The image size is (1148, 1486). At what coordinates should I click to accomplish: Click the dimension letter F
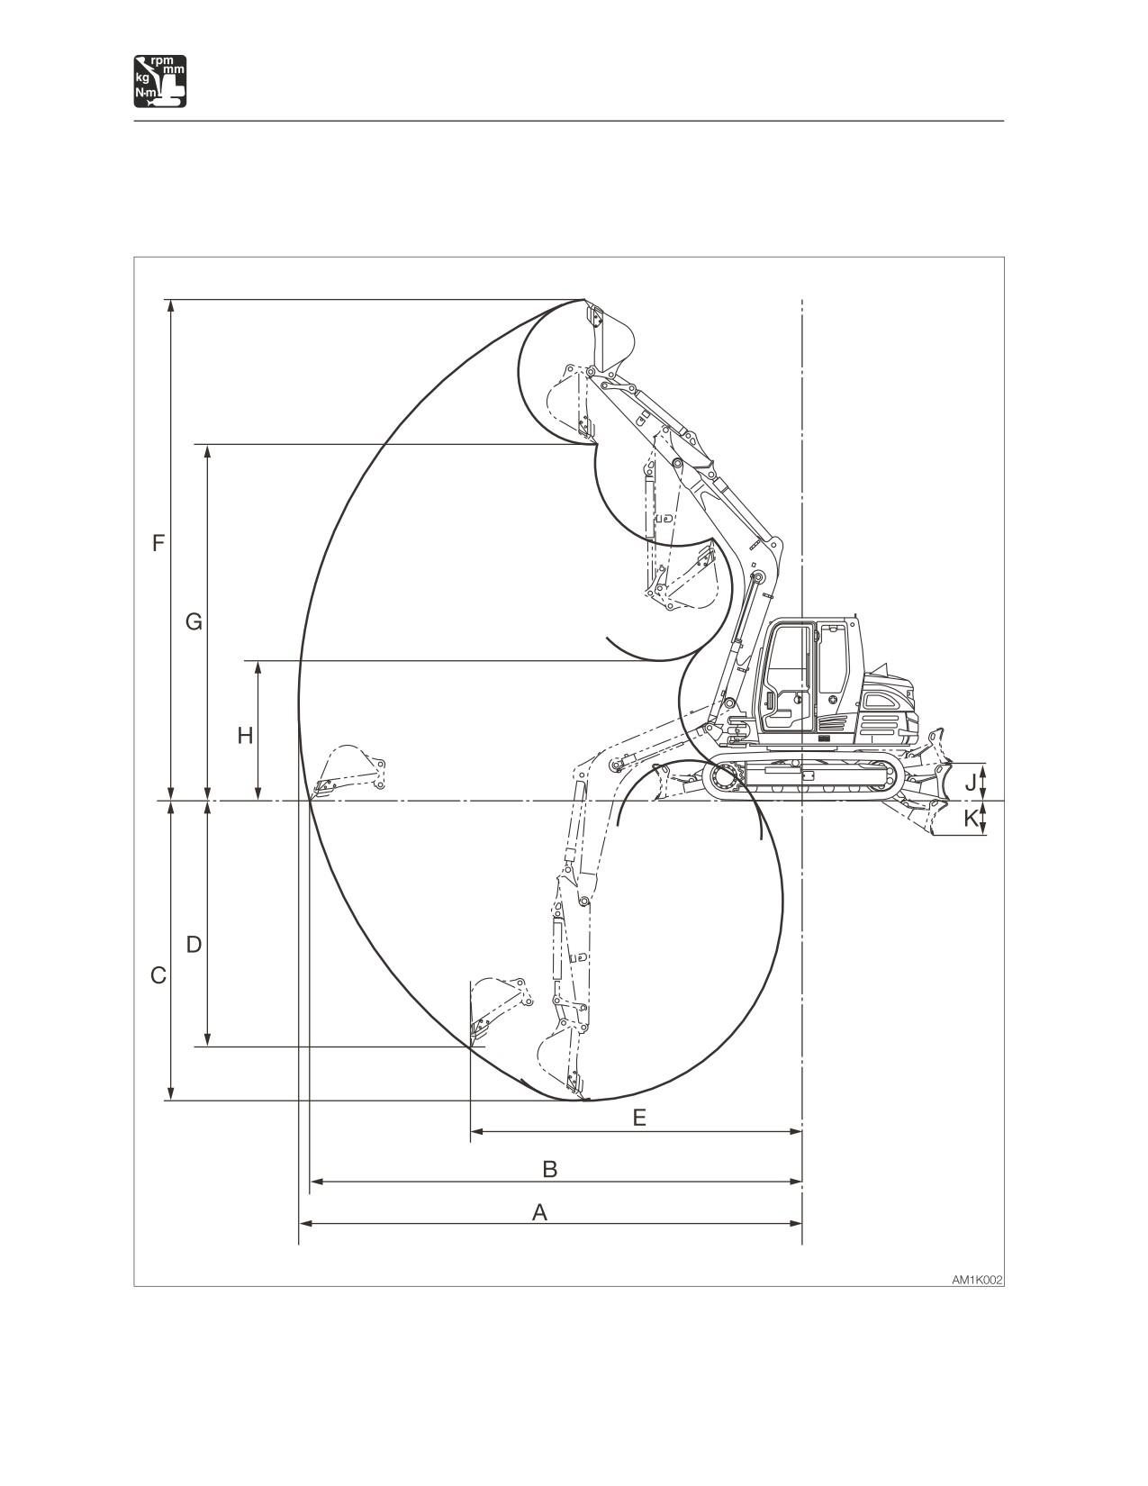tap(158, 544)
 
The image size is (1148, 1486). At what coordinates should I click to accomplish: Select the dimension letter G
tap(194, 622)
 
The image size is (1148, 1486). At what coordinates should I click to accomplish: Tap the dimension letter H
tap(246, 736)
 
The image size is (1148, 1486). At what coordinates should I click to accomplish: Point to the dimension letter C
tap(158, 976)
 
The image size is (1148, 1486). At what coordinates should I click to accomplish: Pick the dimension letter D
tap(194, 945)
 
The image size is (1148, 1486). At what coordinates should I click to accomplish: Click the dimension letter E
tap(639, 1118)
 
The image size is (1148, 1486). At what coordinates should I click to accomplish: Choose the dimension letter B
tap(550, 1169)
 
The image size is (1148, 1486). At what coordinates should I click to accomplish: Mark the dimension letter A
tap(540, 1212)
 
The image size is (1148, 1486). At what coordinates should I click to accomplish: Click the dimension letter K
tap(971, 818)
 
